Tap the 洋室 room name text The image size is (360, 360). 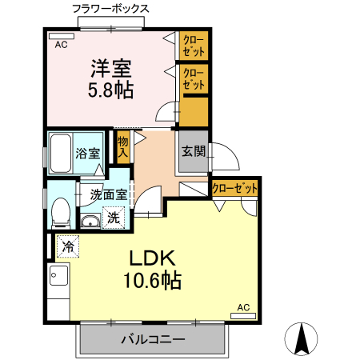point(110,67)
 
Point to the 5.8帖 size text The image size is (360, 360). point(110,90)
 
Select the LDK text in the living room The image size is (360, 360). point(152,258)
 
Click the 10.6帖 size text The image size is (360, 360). point(152,281)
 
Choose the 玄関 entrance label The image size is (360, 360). point(193,150)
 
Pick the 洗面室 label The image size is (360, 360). point(109,193)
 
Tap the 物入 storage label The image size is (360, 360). point(122,146)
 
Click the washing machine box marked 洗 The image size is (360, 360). point(114,216)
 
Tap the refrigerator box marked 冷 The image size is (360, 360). point(69,246)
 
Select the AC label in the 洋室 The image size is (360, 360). point(61,45)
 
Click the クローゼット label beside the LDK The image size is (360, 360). point(235,189)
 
